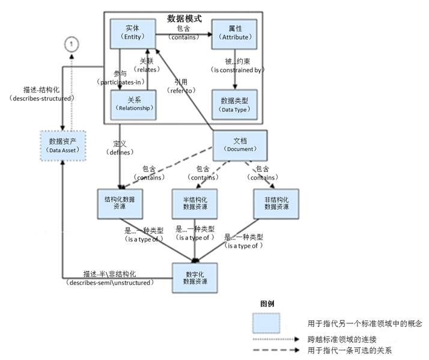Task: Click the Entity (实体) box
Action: coord(132,33)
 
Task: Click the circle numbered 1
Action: coord(71,44)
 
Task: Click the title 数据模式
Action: coord(184,19)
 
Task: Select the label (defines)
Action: coord(118,152)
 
